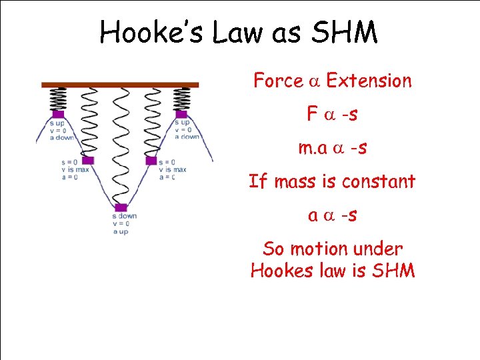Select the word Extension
pos(369,81)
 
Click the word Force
pos(278,81)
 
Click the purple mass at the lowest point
pos(121,207)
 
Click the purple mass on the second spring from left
pos(89,160)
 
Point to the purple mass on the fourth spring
pos(151,160)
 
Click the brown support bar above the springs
pos(120,85)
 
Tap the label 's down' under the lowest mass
pos(125,216)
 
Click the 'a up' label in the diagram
pos(120,231)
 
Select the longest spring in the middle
pos(120,147)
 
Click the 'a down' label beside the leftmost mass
pos(61,137)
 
